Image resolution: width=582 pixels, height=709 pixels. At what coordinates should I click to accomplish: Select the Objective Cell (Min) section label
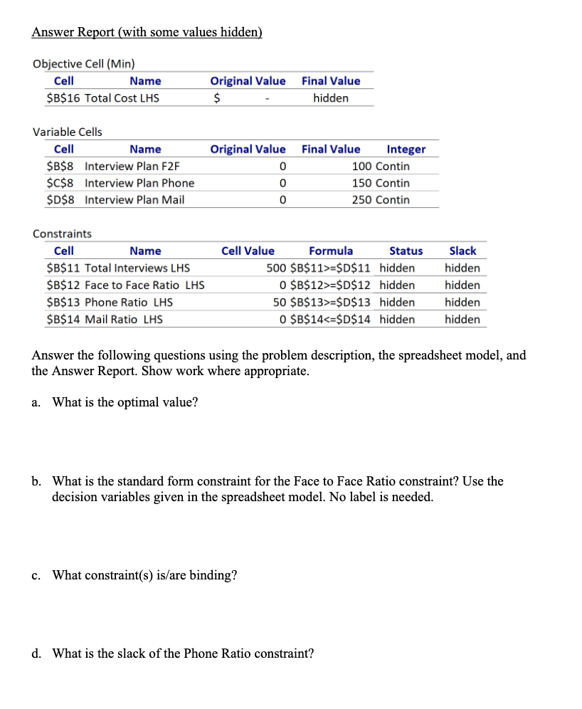point(84,63)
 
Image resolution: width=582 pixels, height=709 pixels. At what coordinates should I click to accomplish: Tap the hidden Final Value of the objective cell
point(331,98)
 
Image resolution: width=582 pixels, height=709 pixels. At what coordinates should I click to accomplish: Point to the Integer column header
point(406,149)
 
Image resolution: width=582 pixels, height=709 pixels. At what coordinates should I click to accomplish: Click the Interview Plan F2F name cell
point(132,166)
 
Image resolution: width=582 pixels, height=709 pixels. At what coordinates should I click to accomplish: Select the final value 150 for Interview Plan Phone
point(363,183)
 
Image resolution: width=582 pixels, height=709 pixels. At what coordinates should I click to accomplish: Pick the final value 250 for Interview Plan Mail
point(363,200)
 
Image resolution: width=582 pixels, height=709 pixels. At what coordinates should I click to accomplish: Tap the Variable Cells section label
point(68,132)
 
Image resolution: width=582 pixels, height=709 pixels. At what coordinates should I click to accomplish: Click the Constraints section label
point(63,233)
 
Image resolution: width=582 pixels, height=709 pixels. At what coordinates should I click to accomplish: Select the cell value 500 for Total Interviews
point(277,268)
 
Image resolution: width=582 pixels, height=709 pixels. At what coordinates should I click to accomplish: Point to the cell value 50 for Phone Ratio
point(280,303)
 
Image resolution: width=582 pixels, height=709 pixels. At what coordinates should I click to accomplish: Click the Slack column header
point(462,251)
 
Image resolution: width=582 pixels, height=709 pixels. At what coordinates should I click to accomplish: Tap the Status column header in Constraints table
point(406,251)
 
